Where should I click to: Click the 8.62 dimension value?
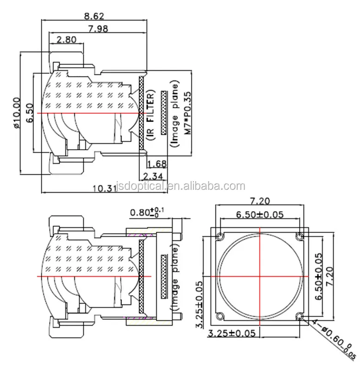coord(94,16)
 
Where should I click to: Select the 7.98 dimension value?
coord(94,29)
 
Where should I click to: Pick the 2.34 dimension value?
coord(152,176)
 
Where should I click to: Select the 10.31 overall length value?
coord(104,189)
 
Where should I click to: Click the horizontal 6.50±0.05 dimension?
coord(259,214)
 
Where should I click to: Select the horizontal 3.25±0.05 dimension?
coord(231,333)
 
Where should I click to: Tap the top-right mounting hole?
coord(300,237)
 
